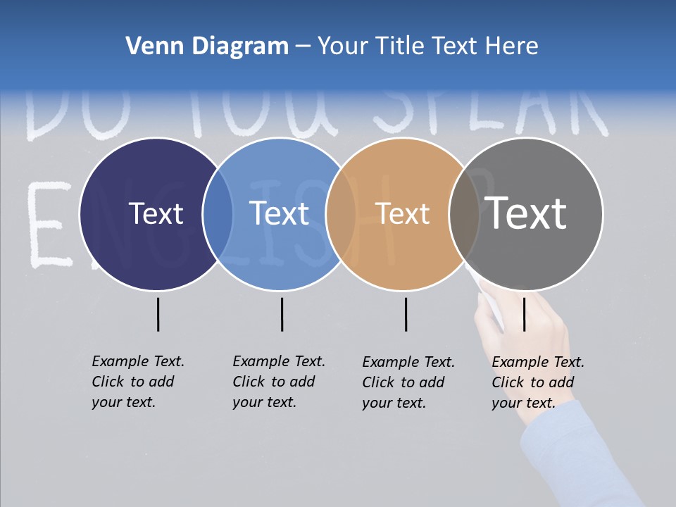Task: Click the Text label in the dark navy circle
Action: tap(156, 213)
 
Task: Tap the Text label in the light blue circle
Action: tap(280, 213)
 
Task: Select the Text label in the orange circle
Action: tap(403, 213)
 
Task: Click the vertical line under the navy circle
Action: tap(158, 314)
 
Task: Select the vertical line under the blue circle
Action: tap(282, 314)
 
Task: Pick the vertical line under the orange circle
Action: tap(406, 314)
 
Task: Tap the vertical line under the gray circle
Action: tap(524, 314)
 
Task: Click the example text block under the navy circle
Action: tap(137, 382)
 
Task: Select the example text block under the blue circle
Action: tap(278, 382)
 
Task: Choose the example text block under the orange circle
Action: tap(408, 382)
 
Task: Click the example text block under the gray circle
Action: tap(537, 382)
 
